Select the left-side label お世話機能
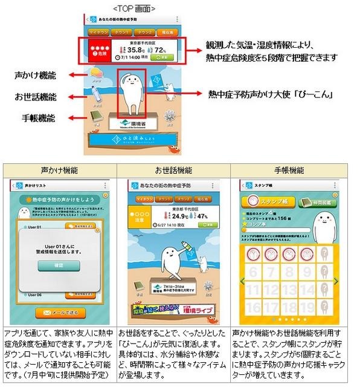36,96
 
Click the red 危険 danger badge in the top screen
100,52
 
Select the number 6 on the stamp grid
252,273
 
